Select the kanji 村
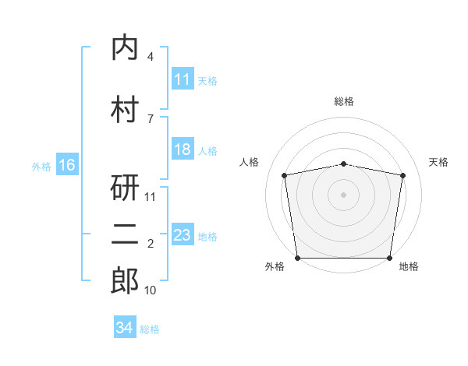tap(125, 109)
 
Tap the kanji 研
tap(125, 188)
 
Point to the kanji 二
tap(125, 234)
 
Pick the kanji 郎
tap(125, 280)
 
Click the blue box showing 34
tap(125, 326)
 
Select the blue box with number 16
tap(67, 164)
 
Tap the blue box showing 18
tap(183, 149)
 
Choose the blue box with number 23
tap(183, 234)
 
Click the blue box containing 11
tap(183, 79)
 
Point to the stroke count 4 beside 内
tap(150, 56)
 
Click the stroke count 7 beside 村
tap(151, 119)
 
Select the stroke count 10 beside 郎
tap(150, 290)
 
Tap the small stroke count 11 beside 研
tap(150, 197)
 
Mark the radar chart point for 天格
tap(402, 175)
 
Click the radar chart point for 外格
tap(298, 258)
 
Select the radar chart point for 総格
tap(343, 164)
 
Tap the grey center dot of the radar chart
tap(343, 195)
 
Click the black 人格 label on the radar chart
tap(249, 162)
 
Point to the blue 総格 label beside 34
tap(150, 329)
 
